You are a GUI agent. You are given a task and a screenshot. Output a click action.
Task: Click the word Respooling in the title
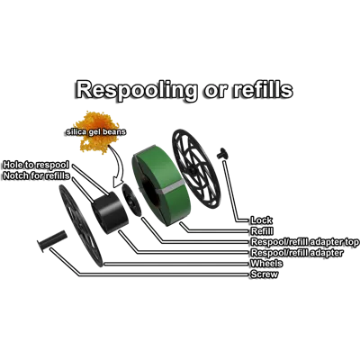tap(137, 90)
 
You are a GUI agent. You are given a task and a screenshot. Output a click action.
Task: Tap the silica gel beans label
tap(95, 132)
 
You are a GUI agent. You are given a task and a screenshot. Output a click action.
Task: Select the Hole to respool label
tap(36, 165)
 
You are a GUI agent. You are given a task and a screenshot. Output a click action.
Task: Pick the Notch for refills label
tap(36, 175)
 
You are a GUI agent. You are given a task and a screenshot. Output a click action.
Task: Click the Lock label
tap(262, 220)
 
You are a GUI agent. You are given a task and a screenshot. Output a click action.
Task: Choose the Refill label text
tap(262, 231)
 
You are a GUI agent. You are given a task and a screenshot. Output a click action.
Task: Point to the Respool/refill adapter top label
tap(305, 242)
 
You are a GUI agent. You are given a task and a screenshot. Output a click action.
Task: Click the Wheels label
tap(266, 264)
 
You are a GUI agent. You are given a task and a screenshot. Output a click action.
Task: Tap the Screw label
tap(265, 274)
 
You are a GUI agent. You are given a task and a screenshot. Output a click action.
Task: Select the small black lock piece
tap(222, 153)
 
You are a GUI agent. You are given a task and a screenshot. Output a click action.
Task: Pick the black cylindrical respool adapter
tap(110, 213)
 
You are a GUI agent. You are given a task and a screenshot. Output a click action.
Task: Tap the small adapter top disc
tap(131, 200)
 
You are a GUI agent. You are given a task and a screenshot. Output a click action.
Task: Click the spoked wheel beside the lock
tap(196, 169)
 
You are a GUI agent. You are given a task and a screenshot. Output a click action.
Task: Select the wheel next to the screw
tap(81, 226)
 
